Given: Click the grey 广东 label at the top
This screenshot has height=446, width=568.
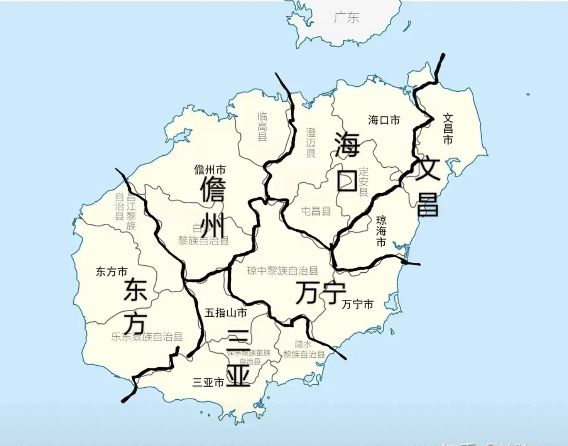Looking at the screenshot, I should pos(347,18).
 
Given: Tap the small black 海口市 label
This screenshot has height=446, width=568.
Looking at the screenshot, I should pos(384,120).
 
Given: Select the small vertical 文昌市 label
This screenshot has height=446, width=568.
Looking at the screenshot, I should pos(448,128).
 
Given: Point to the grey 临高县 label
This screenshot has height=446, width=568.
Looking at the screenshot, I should pos(262,126).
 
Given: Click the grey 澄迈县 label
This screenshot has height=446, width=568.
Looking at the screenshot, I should pos(310,142).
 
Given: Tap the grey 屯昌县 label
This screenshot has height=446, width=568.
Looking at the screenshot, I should pos(316,211).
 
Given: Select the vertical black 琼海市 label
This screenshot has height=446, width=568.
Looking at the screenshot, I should pos(381,231).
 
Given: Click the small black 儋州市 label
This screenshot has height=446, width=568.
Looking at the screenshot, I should pos(210,169).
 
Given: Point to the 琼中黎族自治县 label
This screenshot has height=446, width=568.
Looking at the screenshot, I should pos(283,271).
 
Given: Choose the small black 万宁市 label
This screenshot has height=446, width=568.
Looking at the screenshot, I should pos(358,304).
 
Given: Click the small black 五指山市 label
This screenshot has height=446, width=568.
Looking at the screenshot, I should pos(226,312).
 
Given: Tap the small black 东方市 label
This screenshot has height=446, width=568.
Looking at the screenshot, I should pos(112,272).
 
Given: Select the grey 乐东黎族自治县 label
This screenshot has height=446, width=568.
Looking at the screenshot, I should pos(147,337).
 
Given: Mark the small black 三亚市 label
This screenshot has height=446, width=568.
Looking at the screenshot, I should pos(208,382).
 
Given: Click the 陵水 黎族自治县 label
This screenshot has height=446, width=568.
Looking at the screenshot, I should pos(303,350).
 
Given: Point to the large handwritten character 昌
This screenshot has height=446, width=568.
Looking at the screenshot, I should pos(428,204).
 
